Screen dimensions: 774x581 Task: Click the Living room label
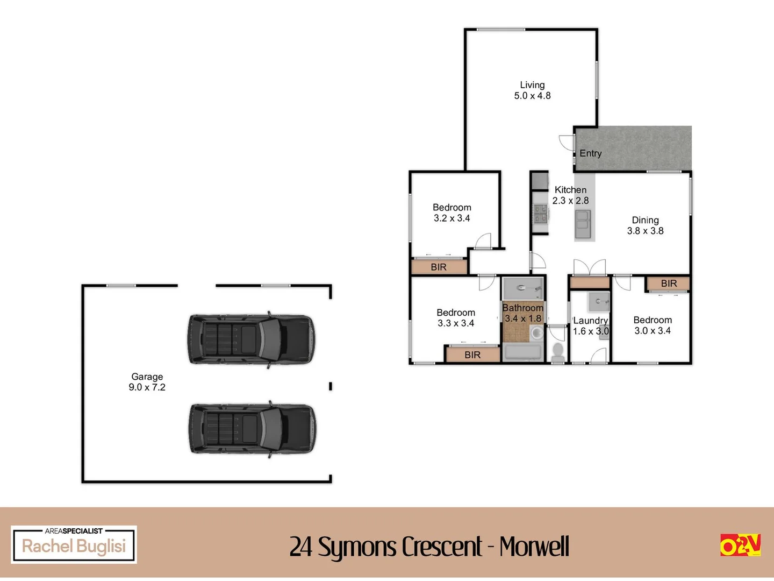[532, 85]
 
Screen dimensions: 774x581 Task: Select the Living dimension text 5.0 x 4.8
[532, 96]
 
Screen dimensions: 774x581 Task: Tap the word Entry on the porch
[590, 153]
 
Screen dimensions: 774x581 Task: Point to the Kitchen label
[570, 190]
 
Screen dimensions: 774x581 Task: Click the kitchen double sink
[583, 224]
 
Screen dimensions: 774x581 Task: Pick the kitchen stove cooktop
[540, 214]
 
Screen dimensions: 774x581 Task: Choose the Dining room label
[645, 220]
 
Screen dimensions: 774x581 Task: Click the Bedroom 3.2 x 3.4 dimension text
[451, 218]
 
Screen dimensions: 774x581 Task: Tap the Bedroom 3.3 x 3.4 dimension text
[456, 323]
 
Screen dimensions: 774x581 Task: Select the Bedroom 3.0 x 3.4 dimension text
[653, 331]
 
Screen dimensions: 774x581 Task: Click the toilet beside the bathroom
[557, 352]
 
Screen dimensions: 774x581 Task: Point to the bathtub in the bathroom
[523, 352]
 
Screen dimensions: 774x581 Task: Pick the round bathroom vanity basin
[536, 332]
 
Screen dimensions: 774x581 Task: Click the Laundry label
[590, 321]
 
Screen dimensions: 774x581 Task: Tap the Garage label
[147, 377]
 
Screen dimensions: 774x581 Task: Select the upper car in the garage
[251, 339]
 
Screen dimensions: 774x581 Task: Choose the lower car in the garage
[252, 429]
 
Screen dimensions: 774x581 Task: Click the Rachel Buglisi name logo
[74, 544]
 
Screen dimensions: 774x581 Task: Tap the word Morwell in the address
[534, 547]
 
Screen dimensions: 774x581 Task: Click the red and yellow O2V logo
[740, 545]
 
